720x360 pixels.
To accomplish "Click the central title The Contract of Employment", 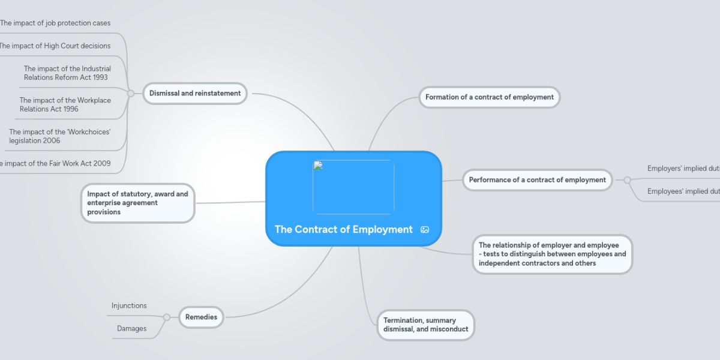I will click(x=344, y=229).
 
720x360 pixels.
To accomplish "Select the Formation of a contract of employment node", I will click(x=489, y=97).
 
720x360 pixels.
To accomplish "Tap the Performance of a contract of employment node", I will click(x=537, y=180).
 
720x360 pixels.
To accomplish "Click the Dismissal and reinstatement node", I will click(x=195, y=94).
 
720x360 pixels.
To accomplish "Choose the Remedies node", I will click(x=201, y=317).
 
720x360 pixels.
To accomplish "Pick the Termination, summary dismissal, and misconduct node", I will click(x=425, y=325).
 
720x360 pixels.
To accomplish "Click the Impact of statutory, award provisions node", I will click(x=137, y=203).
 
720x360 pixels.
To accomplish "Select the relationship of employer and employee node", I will click(x=552, y=254).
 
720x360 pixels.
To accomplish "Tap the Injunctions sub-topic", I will click(x=129, y=306).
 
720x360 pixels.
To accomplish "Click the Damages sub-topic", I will click(x=132, y=329).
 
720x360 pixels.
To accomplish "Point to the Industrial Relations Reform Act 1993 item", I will click(x=67, y=73).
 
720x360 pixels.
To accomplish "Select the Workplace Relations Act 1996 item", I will click(x=65, y=104).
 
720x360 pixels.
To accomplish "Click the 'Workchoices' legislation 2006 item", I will click(x=60, y=136).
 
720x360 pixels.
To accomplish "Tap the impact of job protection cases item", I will click(x=55, y=23).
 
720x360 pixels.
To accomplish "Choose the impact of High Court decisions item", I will click(x=55, y=46).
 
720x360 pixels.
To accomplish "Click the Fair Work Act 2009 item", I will click(x=55, y=163).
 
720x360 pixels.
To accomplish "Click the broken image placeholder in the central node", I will click(x=353, y=187).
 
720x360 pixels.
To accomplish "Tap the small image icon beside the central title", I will click(x=425, y=230).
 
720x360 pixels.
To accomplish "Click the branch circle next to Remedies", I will click(x=167, y=317).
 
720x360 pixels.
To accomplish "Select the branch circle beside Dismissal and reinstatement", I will click(x=131, y=94).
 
